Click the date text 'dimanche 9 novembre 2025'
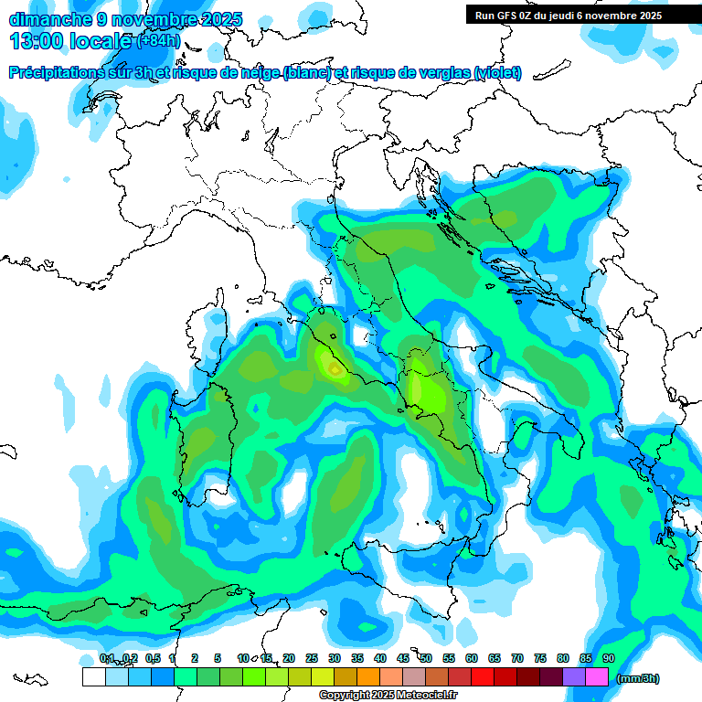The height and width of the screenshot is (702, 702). tap(125, 19)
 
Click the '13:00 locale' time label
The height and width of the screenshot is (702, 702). tap(71, 41)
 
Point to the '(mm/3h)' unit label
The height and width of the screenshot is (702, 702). tap(637, 678)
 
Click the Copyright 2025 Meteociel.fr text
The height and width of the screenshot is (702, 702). tap(388, 695)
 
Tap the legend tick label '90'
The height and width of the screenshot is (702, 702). tap(608, 658)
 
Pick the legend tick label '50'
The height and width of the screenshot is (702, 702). tap(426, 658)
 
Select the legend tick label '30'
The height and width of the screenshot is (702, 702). tap(335, 658)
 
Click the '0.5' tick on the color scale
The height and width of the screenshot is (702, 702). tap(152, 658)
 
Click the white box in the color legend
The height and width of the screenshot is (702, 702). tap(93, 677)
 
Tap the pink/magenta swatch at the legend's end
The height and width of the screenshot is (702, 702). tap(597, 677)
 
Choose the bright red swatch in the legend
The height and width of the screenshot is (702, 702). tap(483, 677)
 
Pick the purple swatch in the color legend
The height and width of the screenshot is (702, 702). tap(574, 677)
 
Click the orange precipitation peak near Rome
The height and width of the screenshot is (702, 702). tap(335, 369)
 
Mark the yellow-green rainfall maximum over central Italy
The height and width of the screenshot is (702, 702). tap(422, 388)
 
